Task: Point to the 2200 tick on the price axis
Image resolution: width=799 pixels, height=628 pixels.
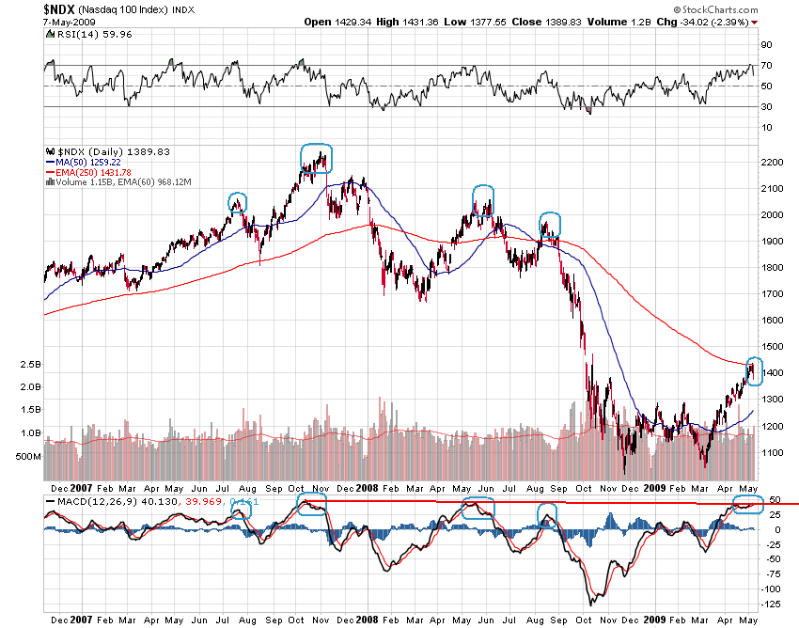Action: [771, 163]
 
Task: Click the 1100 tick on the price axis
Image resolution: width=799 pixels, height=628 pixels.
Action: [771, 452]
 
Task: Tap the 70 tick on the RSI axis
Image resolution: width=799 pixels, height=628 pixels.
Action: [766, 65]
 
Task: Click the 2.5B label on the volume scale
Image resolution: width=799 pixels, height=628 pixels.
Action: [29, 363]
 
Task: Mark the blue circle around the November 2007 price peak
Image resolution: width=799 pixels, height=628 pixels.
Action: [316, 157]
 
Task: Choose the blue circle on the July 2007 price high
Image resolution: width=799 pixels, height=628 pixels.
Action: [238, 202]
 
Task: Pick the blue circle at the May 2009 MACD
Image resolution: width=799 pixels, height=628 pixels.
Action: [748, 508]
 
